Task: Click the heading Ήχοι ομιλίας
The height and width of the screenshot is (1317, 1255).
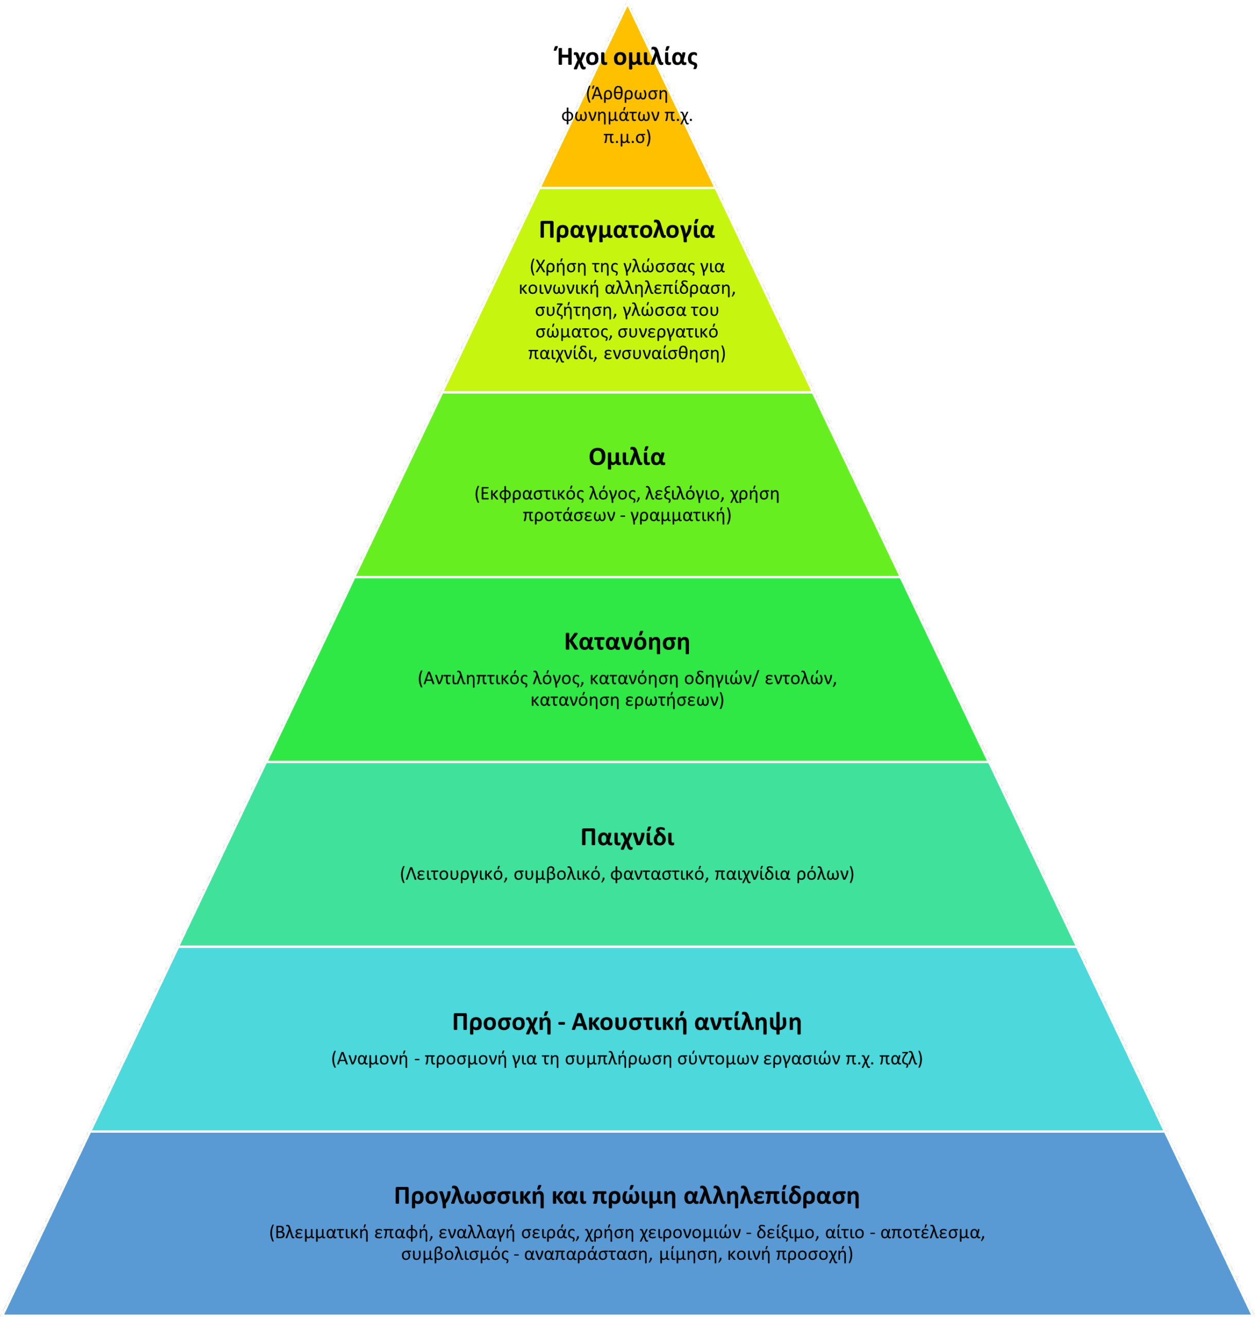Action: (x=626, y=58)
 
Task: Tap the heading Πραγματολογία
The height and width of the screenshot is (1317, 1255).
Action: (x=627, y=229)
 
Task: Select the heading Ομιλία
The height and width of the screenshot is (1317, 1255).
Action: (x=627, y=457)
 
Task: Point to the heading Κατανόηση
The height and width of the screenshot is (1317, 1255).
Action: (x=627, y=642)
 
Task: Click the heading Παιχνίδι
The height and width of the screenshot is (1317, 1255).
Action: (x=627, y=837)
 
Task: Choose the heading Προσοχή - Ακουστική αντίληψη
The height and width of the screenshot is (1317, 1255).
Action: (x=627, y=1022)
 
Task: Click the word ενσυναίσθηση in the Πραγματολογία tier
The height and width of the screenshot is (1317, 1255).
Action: (x=664, y=353)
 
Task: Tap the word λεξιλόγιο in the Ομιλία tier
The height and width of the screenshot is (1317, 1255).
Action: (x=682, y=494)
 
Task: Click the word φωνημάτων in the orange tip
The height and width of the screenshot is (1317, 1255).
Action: (x=610, y=115)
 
